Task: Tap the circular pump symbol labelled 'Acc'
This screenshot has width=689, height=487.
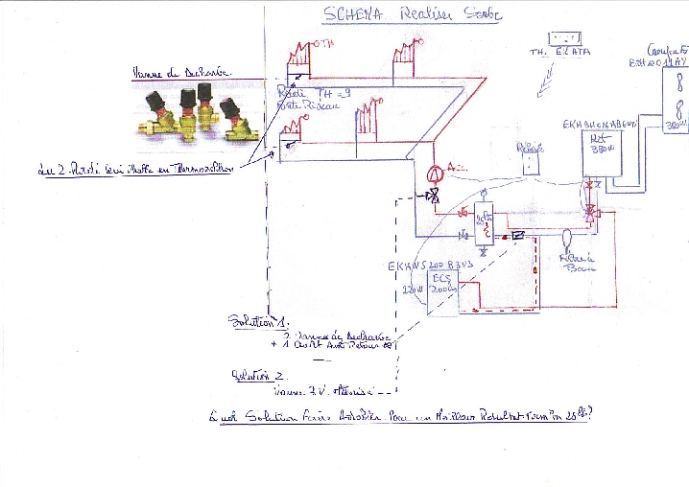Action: click(x=433, y=174)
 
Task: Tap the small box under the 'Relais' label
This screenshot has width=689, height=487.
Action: click(x=530, y=163)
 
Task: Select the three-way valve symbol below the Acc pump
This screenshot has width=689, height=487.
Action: click(x=433, y=197)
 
